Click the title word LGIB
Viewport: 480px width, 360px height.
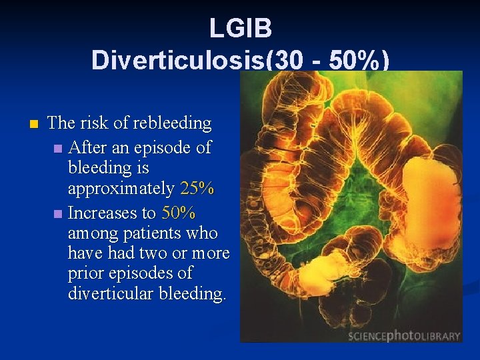click(x=240, y=28)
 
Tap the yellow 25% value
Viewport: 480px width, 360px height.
click(x=197, y=189)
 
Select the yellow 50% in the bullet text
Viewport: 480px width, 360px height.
click(x=178, y=213)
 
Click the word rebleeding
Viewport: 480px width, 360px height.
click(x=171, y=123)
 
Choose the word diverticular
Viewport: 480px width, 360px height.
click(x=111, y=293)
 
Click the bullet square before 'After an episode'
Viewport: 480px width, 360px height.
click(x=59, y=148)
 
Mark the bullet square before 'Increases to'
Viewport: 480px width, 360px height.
click(x=59, y=214)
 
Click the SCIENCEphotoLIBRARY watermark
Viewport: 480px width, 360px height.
click(x=404, y=335)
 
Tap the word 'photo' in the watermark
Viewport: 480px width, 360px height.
click(x=405, y=335)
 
